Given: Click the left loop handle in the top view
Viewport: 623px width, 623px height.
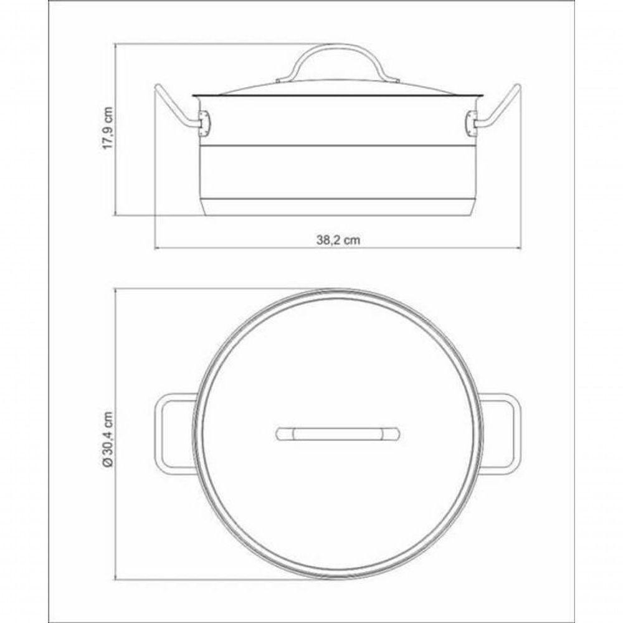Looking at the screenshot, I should pos(168,434).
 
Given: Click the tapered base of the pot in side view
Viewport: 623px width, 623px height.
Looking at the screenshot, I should pos(338,207).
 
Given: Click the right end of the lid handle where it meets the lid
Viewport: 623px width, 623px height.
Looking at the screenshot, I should pos(396,78).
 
